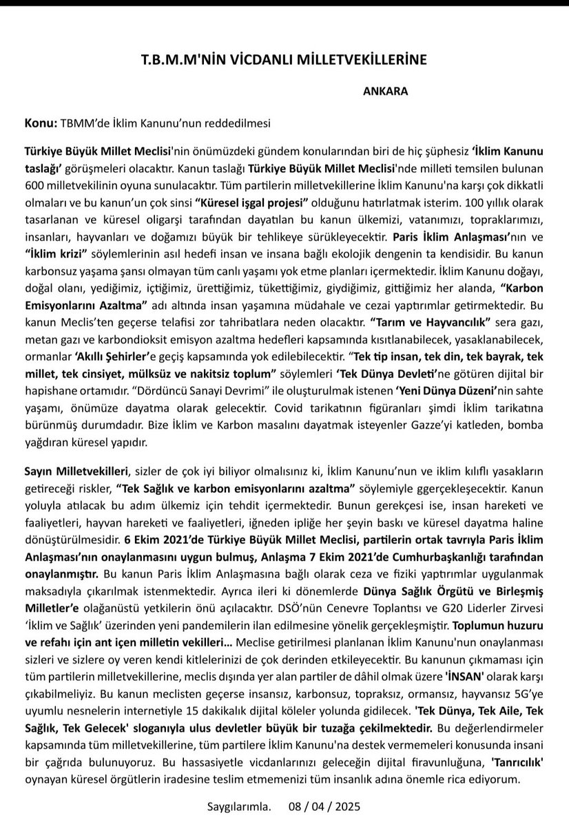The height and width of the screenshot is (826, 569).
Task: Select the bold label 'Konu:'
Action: click(x=39, y=123)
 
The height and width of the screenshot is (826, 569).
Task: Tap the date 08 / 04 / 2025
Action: click(x=326, y=806)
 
